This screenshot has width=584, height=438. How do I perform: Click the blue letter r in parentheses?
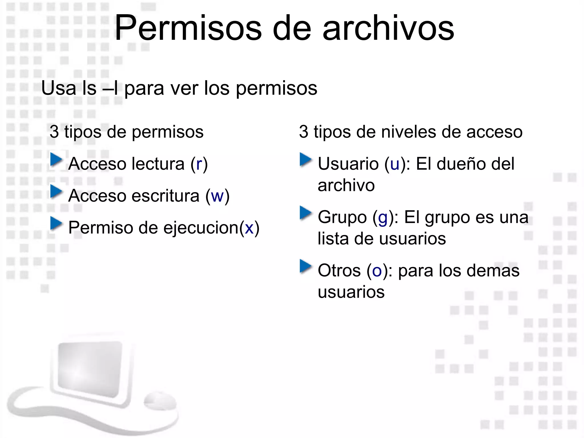point(199,164)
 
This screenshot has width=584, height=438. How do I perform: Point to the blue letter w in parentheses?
point(217,196)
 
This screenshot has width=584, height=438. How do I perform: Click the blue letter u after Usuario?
point(395,164)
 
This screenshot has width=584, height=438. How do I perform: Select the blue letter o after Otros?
point(377,271)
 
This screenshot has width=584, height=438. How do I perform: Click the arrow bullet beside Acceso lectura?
point(56,160)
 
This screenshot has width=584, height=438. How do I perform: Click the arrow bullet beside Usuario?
point(306,160)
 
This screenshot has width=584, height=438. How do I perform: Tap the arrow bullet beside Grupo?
point(306,213)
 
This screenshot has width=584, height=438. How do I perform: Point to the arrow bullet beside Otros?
point(306,267)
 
